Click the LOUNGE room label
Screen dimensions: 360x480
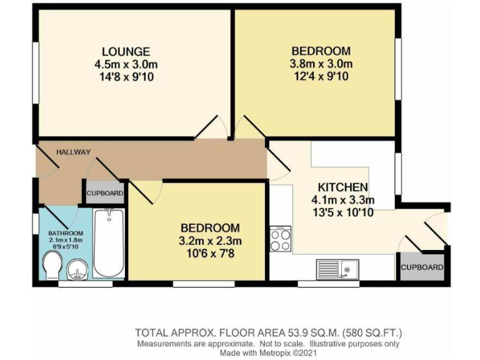click(x=127, y=51)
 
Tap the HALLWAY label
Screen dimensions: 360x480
click(x=73, y=152)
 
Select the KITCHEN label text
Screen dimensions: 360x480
click(x=342, y=187)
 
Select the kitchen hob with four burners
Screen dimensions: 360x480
click(x=280, y=239)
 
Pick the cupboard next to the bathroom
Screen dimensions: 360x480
click(x=104, y=193)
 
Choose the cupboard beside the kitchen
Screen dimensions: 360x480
click(x=422, y=267)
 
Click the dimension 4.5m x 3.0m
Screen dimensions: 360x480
click(x=127, y=64)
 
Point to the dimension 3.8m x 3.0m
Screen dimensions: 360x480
click(x=321, y=64)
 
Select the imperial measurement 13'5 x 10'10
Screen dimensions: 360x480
click(x=342, y=212)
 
